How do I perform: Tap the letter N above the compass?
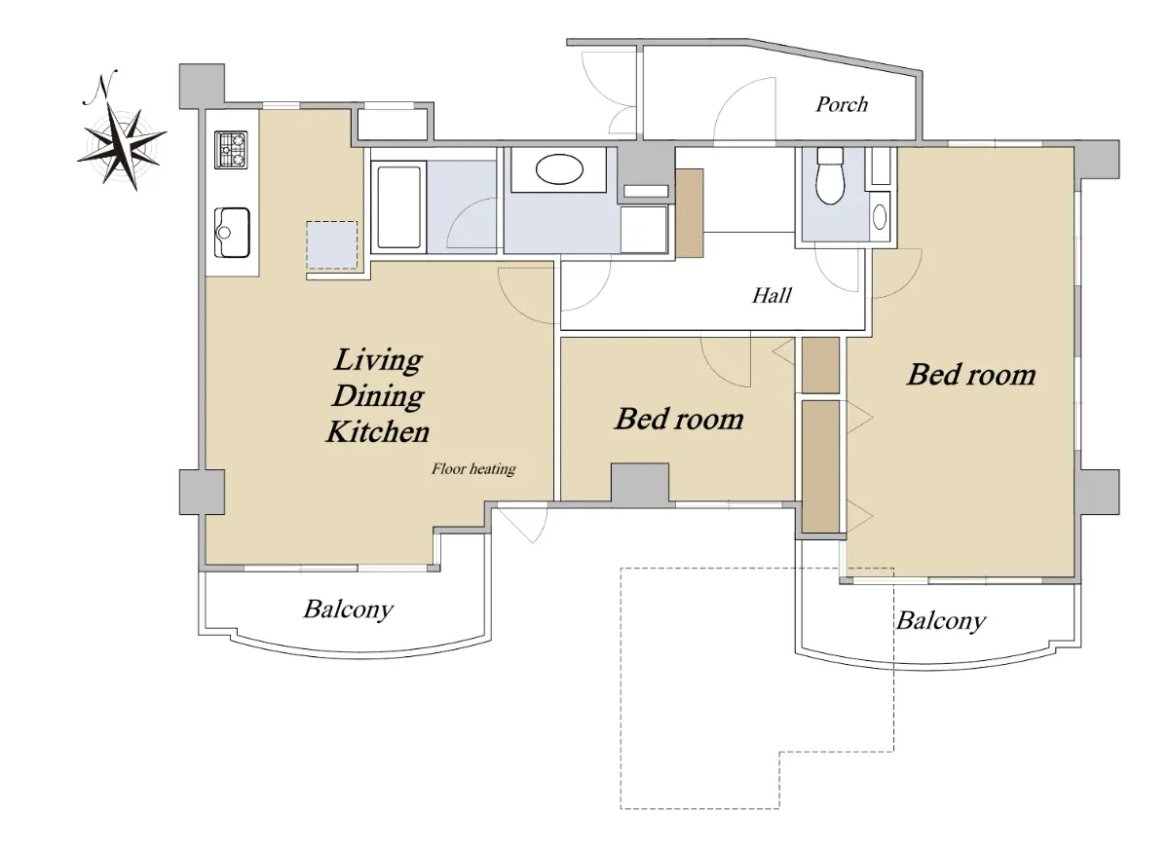[100, 87]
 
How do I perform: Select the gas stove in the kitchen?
[231, 150]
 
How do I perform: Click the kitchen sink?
[232, 232]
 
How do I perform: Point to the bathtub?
[398, 207]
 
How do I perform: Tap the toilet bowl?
[830, 176]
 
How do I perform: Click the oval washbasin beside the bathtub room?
[559, 169]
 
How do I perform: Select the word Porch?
[842, 105]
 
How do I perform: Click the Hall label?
[772, 296]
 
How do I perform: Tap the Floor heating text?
[473, 469]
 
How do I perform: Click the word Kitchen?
[378, 432]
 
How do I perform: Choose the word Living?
[378, 360]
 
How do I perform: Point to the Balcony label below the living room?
[348, 609]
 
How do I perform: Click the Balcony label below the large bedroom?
[941, 621]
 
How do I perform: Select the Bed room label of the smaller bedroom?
[679, 419]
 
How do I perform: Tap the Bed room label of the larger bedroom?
[971, 375]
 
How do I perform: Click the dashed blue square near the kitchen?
[332, 245]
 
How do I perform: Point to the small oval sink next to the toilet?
[880, 217]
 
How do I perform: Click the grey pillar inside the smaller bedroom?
[640, 483]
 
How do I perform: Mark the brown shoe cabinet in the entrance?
[690, 213]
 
